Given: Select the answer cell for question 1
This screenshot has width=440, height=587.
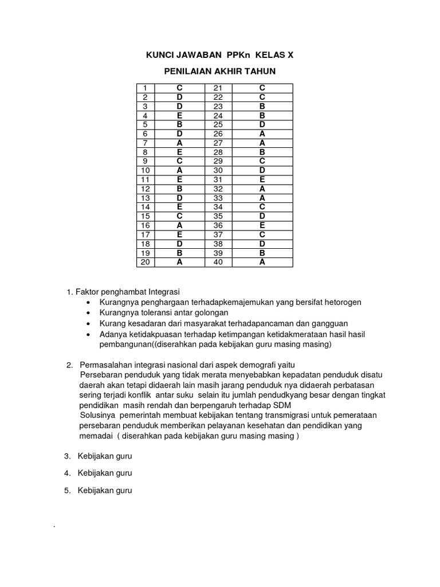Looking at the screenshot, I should (179, 88).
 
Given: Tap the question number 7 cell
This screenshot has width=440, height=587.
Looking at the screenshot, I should (146, 143).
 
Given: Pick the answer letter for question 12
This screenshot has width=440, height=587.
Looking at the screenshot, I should (179, 189).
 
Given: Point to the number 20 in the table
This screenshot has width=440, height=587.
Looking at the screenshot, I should (146, 262).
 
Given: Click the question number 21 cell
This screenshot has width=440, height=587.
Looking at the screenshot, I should (218, 88).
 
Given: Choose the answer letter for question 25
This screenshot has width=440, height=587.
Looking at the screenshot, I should (262, 124).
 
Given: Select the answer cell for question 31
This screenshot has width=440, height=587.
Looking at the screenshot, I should (262, 179).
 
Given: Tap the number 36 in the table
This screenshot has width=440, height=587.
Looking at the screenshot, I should (218, 225).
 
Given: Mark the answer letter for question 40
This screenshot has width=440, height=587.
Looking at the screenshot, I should (262, 262).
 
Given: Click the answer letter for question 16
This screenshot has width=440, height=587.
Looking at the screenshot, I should (179, 225).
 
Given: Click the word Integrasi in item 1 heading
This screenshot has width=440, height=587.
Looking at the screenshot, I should (165, 291).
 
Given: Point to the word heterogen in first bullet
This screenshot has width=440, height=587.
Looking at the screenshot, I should (341, 302).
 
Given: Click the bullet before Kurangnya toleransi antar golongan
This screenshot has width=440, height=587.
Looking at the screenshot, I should (87, 313).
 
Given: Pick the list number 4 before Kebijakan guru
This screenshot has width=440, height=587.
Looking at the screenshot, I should (67, 473).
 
